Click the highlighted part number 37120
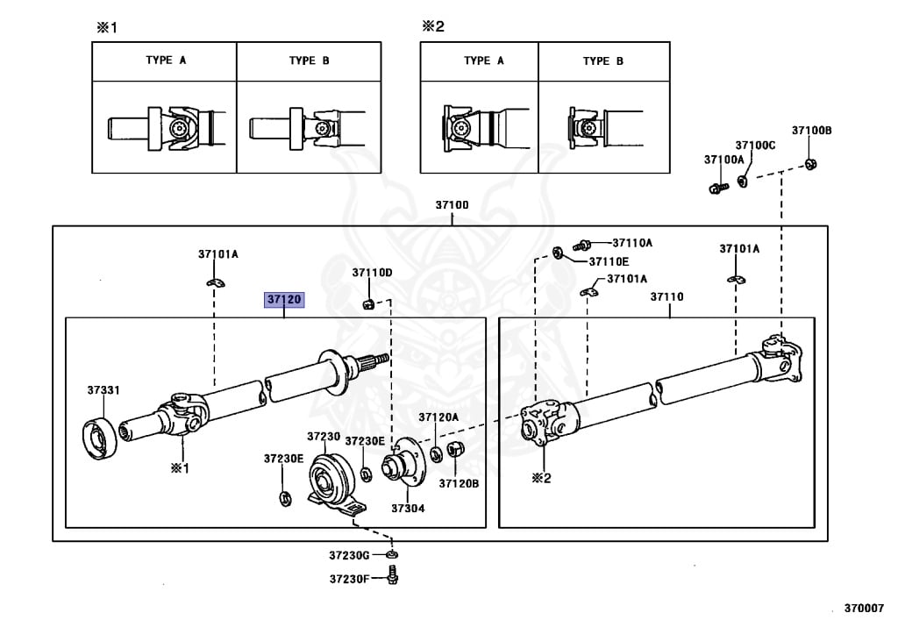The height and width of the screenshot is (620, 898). coord(285,300)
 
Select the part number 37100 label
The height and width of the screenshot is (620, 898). coord(453,205)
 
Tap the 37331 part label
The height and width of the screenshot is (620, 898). coord(103,389)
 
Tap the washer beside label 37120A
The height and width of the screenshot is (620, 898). coord(436,453)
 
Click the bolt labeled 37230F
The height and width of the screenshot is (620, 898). coord(394,577)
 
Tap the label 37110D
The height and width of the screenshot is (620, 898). coord(372,273)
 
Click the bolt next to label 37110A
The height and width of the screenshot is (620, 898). coord(583,245)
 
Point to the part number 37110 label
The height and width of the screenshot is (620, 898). coord(666,296)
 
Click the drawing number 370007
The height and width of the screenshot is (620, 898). coord(864,606)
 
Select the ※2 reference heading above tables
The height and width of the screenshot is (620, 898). coord(433,26)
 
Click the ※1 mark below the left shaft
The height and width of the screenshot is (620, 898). coord(180,468)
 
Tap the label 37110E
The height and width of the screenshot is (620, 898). coord(609,260)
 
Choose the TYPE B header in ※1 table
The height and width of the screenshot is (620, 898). coord(309,61)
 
